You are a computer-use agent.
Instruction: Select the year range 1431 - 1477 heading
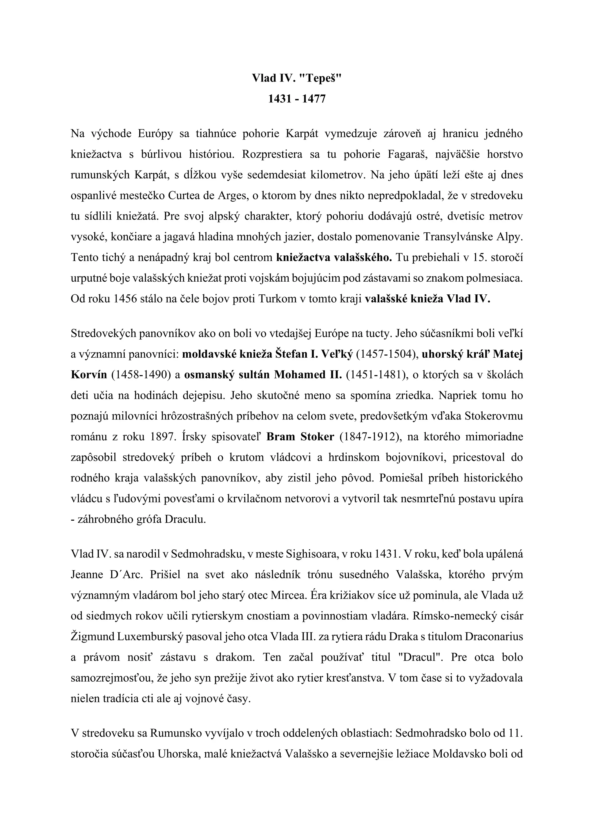point(297,99)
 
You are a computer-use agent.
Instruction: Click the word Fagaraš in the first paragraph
point(402,154)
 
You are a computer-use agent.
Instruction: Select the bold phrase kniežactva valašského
point(334,258)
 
